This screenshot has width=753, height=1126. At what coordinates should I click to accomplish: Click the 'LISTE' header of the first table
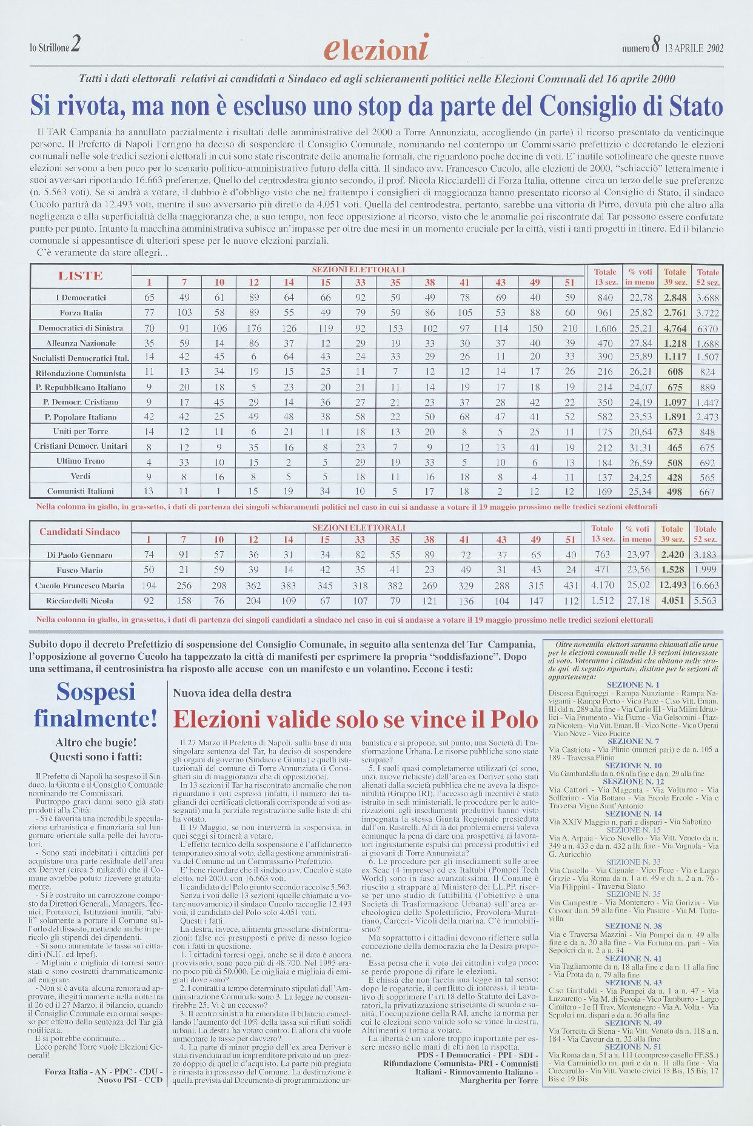click(81, 276)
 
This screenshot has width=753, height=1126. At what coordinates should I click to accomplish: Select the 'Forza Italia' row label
click(81, 313)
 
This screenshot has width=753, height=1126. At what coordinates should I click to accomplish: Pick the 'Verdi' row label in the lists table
click(81, 476)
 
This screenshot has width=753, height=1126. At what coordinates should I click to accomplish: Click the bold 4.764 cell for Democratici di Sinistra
click(674, 328)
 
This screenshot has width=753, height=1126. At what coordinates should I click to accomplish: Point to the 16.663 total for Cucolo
click(705, 585)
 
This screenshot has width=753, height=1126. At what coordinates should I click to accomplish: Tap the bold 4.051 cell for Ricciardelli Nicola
click(672, 601)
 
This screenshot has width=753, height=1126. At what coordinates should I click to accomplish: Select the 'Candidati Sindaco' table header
click(79, 532)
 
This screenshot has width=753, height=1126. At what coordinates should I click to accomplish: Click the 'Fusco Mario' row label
click(79, 570)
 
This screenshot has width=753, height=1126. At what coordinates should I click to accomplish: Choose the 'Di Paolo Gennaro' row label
click(79, 555)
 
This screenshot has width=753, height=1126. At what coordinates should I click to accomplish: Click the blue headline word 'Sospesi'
click(95, 691)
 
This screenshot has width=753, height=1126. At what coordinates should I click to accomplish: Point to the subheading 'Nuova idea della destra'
click(232, 693)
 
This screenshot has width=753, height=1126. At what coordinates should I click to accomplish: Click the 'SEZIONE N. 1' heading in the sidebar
click(633, 685)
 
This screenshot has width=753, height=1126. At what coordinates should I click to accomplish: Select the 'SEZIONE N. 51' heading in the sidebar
click(633, 1047)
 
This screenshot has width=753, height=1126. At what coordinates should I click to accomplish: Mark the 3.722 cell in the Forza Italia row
click(708, 313)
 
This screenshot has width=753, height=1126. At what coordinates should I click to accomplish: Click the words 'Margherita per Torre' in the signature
click(498, 1080)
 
